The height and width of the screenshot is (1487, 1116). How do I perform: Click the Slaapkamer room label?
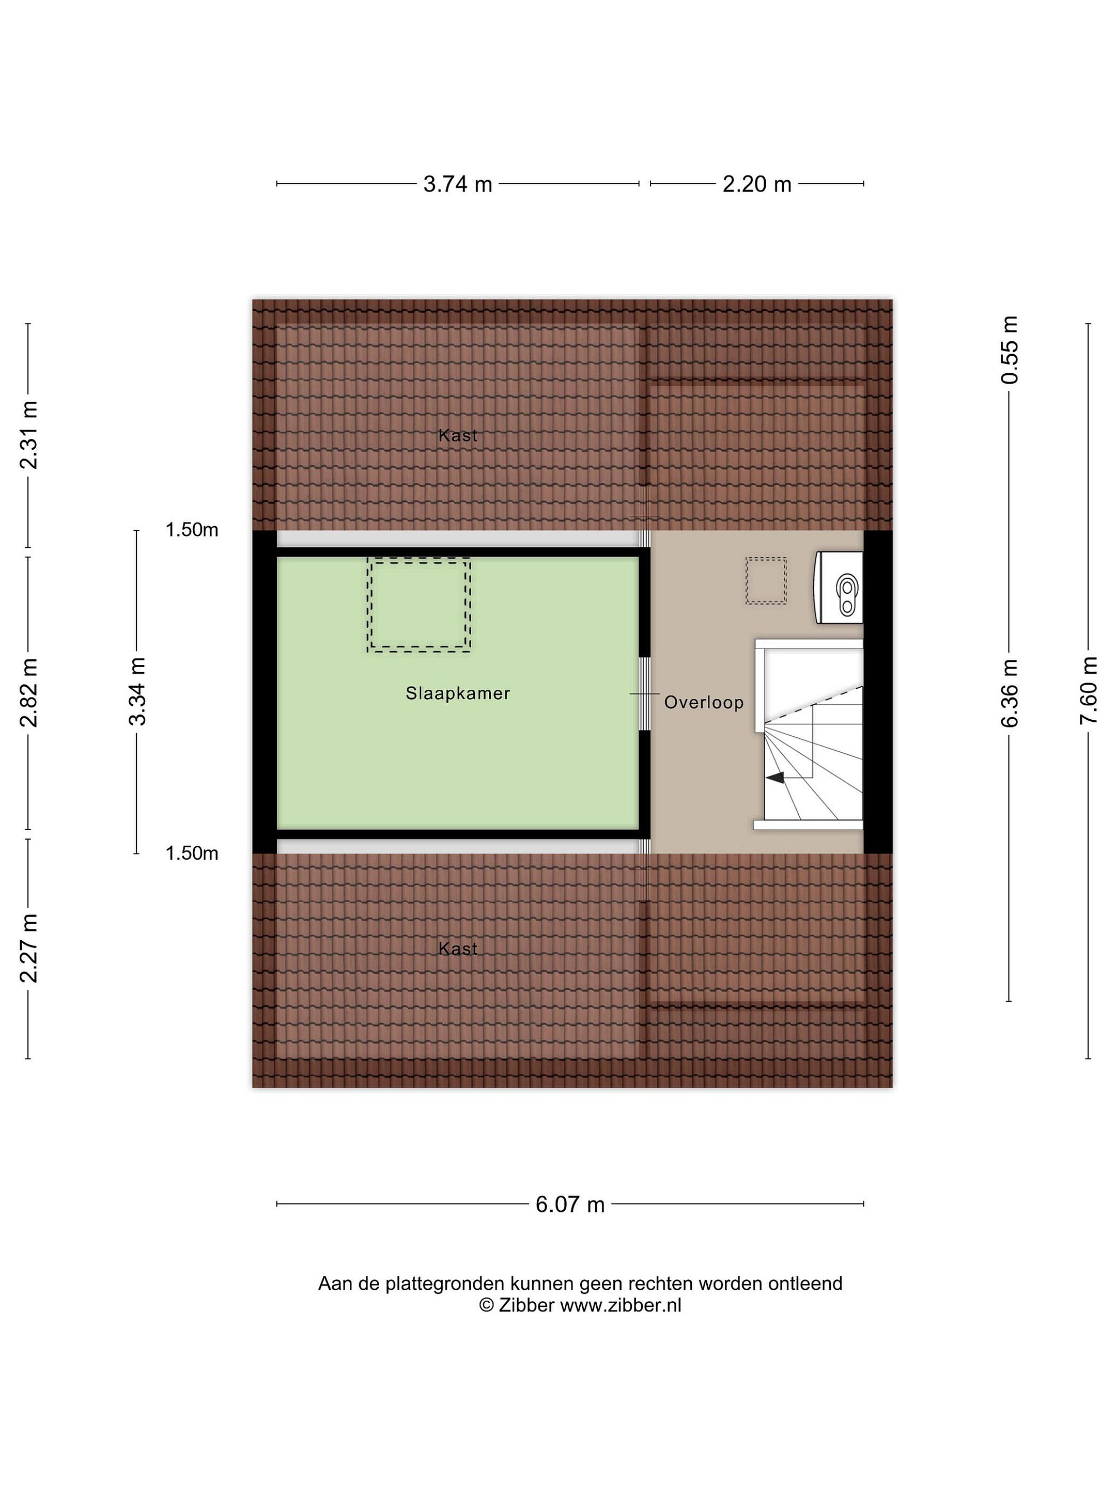(457, 693)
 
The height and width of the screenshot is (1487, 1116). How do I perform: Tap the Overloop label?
(704, 703)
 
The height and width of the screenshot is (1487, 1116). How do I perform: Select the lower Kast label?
(457, 948)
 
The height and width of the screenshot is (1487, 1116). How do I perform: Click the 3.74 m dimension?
(457, 183)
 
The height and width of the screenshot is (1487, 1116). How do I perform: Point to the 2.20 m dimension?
(757, 183)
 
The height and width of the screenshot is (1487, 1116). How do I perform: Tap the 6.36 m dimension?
(1010, 693)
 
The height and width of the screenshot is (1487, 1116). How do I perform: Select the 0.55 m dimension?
(1010, 350)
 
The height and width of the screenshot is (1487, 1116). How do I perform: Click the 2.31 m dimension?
(29, 435)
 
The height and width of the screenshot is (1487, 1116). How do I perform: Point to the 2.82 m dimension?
(29, 693)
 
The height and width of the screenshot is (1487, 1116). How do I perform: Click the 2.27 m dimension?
(29, 948)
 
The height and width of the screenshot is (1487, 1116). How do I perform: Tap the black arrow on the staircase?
(775, 778)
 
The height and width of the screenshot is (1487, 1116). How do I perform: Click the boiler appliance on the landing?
(840, 588)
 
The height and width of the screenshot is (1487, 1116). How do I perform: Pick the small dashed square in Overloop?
(766, 581)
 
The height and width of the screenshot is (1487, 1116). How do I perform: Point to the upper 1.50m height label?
(192, 530)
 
